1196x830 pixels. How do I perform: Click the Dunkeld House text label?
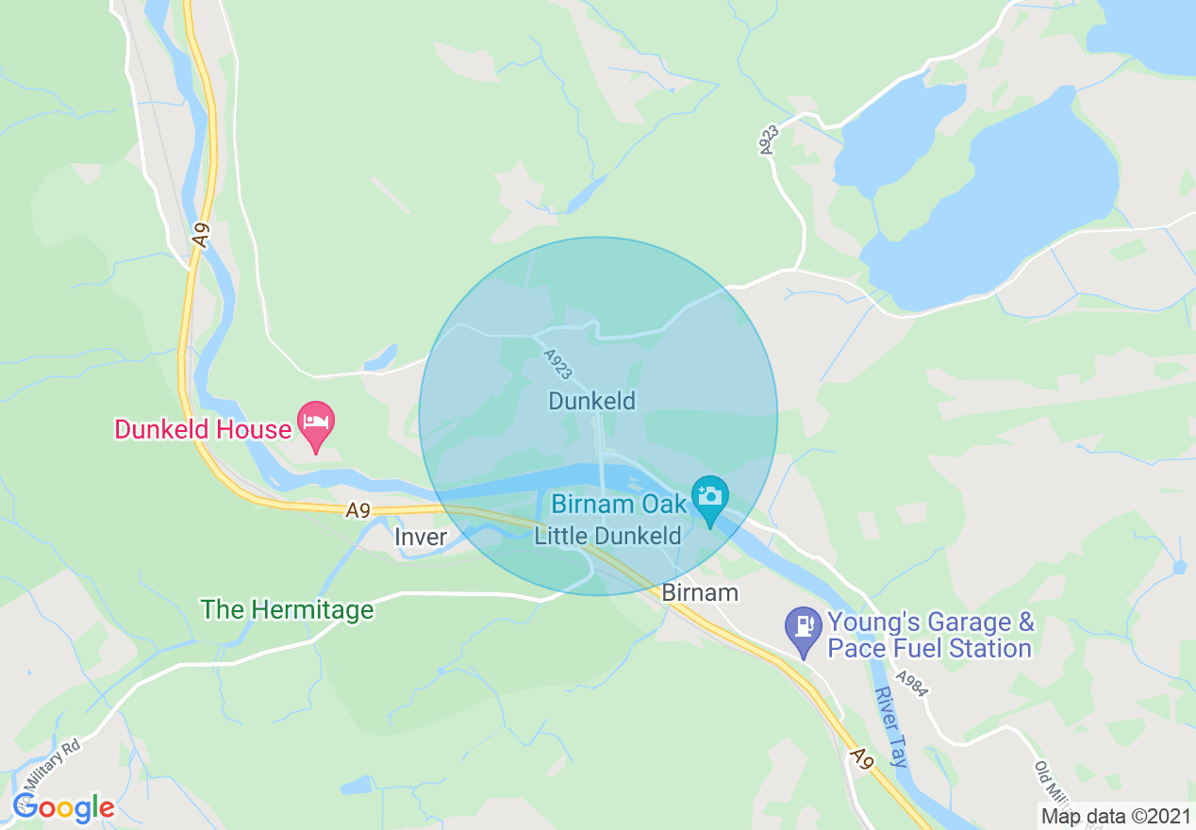203,430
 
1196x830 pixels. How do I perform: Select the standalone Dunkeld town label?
592,401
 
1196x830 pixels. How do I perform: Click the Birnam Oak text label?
620,503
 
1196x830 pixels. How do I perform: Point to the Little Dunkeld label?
607,536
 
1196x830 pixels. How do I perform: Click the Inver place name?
421,537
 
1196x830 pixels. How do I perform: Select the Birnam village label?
700,593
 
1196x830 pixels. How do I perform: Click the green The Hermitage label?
288,610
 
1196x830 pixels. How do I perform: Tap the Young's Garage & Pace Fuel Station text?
930,636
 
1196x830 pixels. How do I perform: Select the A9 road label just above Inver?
357,510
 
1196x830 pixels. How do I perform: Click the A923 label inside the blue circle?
556,364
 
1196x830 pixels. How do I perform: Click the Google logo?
63,808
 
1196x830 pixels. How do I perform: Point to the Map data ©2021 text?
1115,816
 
